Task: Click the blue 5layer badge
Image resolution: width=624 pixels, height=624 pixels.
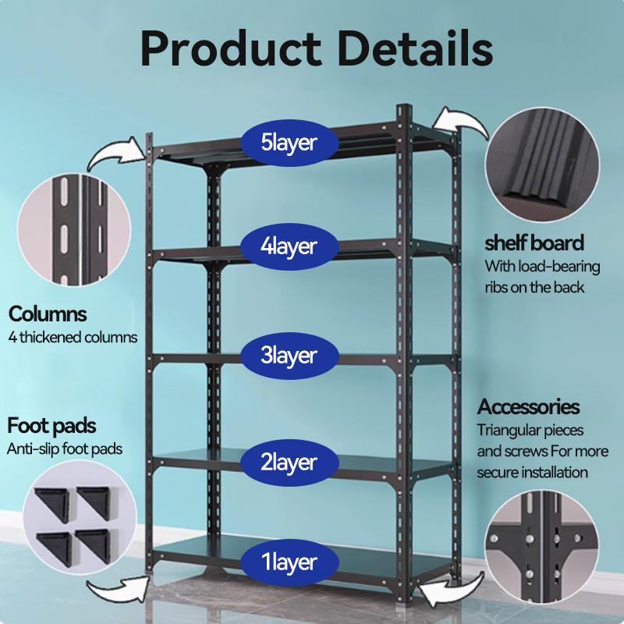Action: click(289, 143)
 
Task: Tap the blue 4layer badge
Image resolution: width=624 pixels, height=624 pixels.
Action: click(289, 246)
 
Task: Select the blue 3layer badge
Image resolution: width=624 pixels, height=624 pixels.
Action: click(289, 356)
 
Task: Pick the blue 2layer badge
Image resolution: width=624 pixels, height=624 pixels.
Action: click(289, 463)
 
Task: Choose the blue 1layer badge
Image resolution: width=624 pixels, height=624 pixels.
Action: click(289, 562)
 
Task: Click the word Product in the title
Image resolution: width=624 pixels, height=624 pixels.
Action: click(231, 48)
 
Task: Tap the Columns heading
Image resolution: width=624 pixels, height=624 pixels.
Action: click(48, 314)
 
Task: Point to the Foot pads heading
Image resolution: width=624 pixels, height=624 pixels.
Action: click(51, 426)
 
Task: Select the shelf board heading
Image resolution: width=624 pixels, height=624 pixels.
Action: click(534, 243)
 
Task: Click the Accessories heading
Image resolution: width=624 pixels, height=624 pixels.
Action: click(528, 406)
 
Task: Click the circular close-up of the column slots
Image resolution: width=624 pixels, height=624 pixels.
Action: click(74, 229)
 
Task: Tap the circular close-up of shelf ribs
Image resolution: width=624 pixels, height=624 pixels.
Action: click(542, 165)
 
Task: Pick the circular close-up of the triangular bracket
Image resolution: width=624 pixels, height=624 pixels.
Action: click(542, 547)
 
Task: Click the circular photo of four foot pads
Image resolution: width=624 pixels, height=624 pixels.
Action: click(80, 517)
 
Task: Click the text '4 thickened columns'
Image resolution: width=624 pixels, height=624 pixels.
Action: click(73, 338)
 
